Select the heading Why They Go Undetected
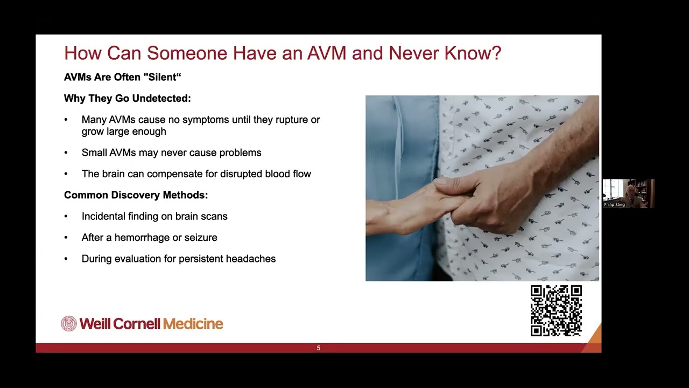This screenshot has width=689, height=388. [x=128, y=99]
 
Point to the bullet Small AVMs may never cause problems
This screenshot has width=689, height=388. [x=171, y=153]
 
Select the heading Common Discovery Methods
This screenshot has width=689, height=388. [x=136, y=195]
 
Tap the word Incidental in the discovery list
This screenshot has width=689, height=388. [x=106, y=216]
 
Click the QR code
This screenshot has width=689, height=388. [x=556, y=310]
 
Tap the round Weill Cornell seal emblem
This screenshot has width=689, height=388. [x=69, y=323]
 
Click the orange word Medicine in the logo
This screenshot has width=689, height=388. [x=193, y=324]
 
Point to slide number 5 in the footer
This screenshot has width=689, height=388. [x=319, y=348]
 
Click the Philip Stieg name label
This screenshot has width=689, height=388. [x=614, y=205]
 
